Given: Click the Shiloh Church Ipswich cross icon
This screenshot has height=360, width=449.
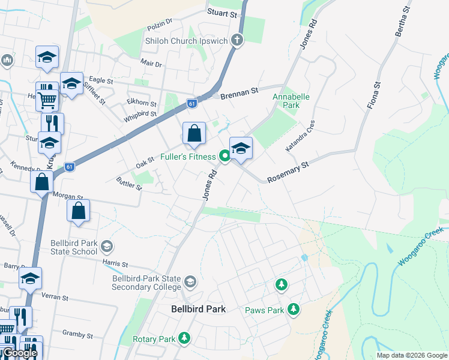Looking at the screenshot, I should click(238, 41).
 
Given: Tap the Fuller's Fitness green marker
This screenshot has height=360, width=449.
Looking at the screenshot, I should click(225, 157).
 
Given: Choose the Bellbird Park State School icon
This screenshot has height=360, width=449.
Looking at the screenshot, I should click(107, 246).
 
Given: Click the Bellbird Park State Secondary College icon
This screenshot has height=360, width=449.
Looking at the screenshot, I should click(190, 281).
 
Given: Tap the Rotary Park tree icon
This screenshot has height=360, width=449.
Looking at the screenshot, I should click(184, 339).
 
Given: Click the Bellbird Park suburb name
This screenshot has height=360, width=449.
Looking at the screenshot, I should click(197, 309).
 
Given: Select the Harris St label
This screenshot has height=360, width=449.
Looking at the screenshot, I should click(115, 263).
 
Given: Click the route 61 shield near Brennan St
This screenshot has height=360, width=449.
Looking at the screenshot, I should click(191, 103).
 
